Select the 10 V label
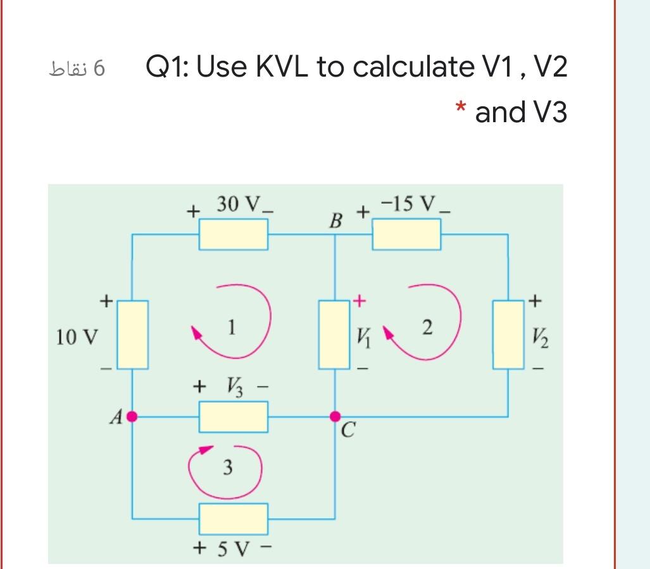77,336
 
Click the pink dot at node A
132,416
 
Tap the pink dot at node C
335,416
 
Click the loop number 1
232,327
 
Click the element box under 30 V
234,234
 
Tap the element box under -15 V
406,234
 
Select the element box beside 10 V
132,335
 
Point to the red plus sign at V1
359,301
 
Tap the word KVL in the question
283,67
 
